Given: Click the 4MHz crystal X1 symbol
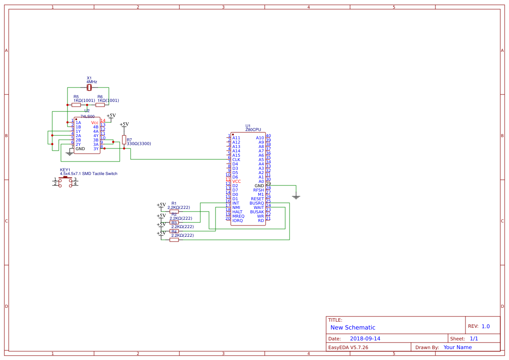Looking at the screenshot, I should (89, 87).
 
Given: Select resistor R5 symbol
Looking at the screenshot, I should (76, 105).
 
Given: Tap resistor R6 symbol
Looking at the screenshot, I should (100, 105).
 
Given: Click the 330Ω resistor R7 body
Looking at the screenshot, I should (124, 140).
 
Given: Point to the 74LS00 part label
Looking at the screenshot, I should (88, 117).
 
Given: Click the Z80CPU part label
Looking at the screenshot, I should (253, 130).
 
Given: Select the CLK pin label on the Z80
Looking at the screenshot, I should (236, 160).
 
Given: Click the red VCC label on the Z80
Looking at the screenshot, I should (236, 182).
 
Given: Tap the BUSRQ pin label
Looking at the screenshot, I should (256, 203).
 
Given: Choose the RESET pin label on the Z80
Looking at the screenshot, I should (257, 199).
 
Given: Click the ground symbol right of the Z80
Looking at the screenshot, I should (296, 196).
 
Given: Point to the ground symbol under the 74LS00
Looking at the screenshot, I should (70, 153).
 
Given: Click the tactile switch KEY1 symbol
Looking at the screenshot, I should (65, 182).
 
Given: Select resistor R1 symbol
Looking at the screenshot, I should (174, 212).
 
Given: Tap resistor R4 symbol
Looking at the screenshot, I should (174, 239).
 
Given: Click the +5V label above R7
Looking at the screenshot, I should (124, 124).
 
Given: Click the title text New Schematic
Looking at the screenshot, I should (353, 327).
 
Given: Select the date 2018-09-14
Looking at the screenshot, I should (365, 339).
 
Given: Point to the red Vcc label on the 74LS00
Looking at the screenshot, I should (95, 123).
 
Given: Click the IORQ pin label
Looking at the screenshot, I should (237, 221).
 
